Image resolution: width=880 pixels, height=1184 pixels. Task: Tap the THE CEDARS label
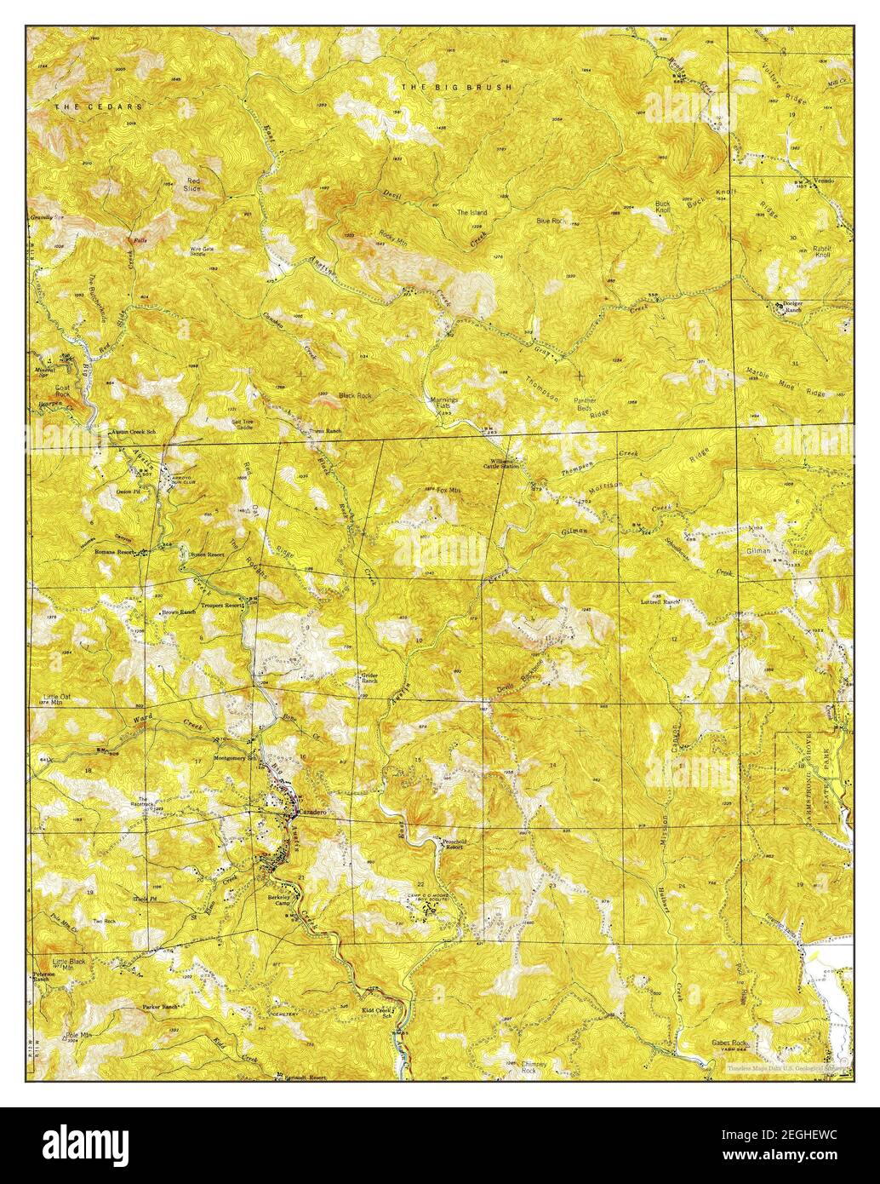point(99,106)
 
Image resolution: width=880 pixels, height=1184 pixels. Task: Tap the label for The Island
point(471,212)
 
